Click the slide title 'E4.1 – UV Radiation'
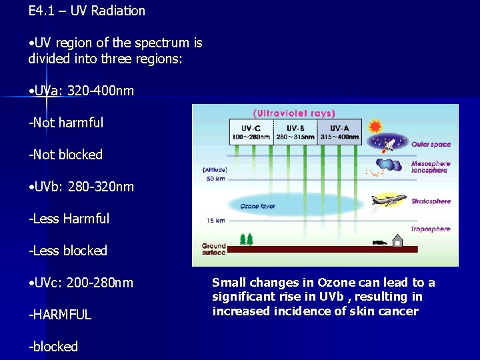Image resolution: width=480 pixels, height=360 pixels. (x=87, y=11)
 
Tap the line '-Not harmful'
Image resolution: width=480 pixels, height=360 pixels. (x=66, y=123)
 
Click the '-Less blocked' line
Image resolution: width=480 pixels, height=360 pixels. (x=67, y=251)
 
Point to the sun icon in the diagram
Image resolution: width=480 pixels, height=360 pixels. (x=375, y=126)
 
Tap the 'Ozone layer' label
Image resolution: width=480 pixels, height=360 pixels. (x=258, y=206)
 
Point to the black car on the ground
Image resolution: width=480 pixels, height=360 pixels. (x=379, y=243)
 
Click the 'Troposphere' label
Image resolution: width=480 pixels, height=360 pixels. (x=430, y=229)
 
